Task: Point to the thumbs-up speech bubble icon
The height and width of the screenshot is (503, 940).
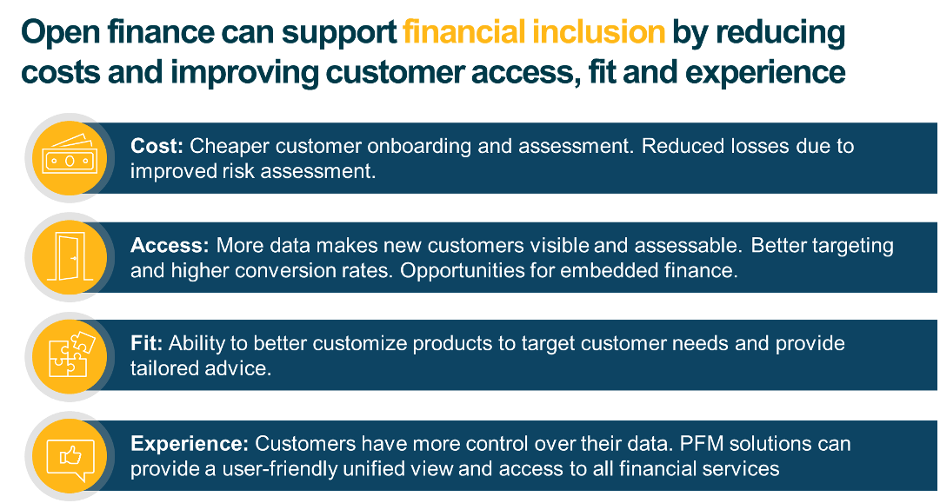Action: (68, 454)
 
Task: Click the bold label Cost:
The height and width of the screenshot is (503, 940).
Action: (157, 146)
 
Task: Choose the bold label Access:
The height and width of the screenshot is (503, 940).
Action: (170, 245)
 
